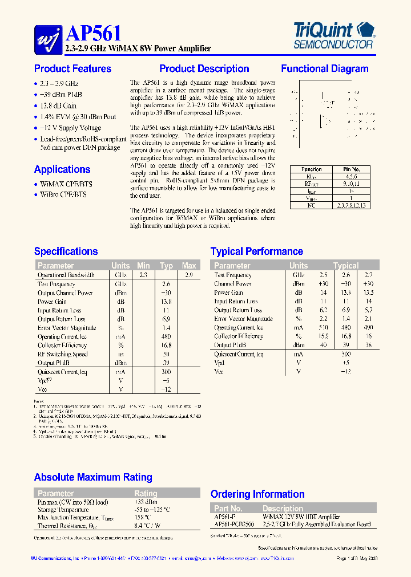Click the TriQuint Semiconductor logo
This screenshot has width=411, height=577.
coord(333,35)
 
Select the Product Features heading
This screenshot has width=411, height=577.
coord(72,69)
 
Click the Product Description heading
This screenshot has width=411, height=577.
coord(204,69)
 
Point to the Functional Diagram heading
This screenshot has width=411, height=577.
coord(324,69)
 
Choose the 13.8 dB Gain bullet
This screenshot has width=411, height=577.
coord(58,106)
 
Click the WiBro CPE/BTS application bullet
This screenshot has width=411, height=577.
coord(63,194)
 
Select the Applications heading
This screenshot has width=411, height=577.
coord(62,169)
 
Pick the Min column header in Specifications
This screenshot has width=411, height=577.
coord(143,266)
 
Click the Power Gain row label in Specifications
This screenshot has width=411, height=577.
coord(53,302)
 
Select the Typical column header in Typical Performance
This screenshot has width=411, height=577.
coord(346,266)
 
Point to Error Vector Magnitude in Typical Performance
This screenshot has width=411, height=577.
coord(243,319)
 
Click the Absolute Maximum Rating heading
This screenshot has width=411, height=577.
coord(93,477)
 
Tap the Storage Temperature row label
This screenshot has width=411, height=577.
coord(63,510)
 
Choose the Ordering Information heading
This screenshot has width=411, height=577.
coord(257,494)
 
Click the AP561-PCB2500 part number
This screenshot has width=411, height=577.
coord(234,524)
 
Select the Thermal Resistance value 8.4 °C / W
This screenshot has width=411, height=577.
coord(147,525)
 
